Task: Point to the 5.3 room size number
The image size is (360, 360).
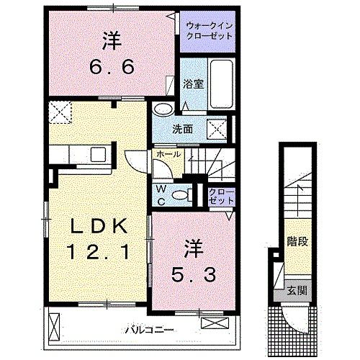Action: click(x=194, y=274)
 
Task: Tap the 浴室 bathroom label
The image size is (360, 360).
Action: click(x=193, y=84)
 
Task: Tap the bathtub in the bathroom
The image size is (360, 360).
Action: click(x=220, y=85)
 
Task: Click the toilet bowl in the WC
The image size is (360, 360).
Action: click(x=186, y=194)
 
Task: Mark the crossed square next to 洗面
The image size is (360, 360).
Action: click(x=217, y=130)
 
